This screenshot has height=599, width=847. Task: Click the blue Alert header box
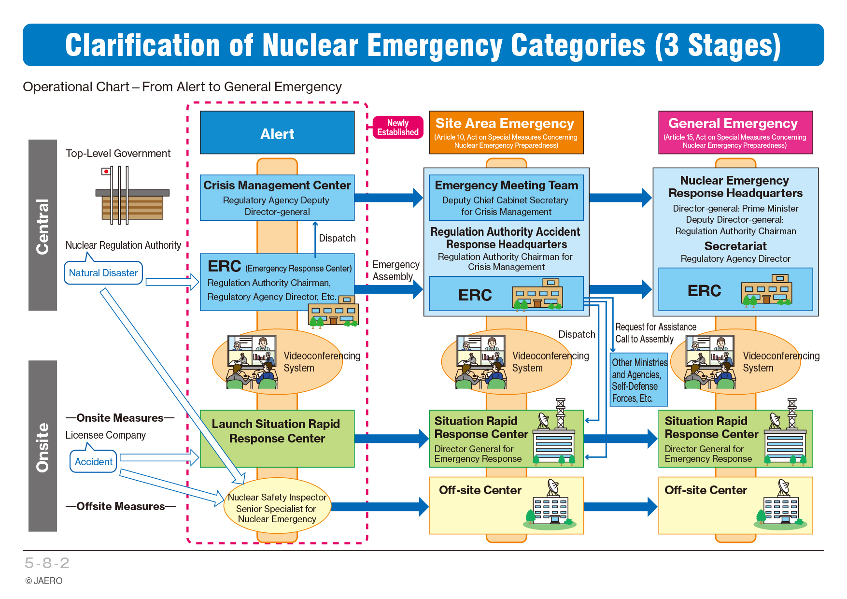(x=277, y=133)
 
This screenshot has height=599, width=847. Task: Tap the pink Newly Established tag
(x=398, y=128)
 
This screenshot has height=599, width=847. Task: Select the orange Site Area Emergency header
(x=506, y=132)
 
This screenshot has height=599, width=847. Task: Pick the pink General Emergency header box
(x=735, y=132)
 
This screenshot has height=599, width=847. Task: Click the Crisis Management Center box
(x=277, y=198)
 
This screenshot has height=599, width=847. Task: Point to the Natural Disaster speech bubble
(x=103, y=272)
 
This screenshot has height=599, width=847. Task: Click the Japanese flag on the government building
(x=106, y=171)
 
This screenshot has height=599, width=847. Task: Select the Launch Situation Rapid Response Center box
(x=277, y=439)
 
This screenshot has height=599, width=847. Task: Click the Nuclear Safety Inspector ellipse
(x=277, y=506)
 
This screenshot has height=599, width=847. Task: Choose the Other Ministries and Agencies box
(x=639, y=380)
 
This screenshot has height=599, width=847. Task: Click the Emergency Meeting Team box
(x=506, y=198)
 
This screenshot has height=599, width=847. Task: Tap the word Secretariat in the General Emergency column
(x=735, y=246)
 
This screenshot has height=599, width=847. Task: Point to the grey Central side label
(x=42, y=225)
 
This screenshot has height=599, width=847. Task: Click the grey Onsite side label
(x=42, y=446)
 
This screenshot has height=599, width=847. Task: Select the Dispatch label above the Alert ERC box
(x=337, y=238)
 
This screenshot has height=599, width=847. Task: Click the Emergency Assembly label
(x=396, y=271)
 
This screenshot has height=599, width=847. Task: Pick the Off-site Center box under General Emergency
(x=735, y=505)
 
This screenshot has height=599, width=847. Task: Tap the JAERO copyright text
(x=44, y=581)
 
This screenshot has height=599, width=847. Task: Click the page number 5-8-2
(x=47, y=563)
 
